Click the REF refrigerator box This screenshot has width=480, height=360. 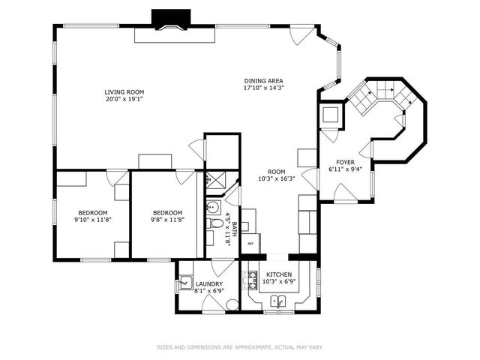pyautogui.click(x=250, y=244)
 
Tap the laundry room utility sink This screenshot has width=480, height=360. pyautogui.click(x=186, y=283)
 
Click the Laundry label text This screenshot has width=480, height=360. pyautogui.click(x=209, y=284)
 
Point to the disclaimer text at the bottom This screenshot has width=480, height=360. pyautogui.click(x=240, y=346)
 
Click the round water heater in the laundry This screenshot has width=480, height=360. pyautogui.click(x=231, y=304)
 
